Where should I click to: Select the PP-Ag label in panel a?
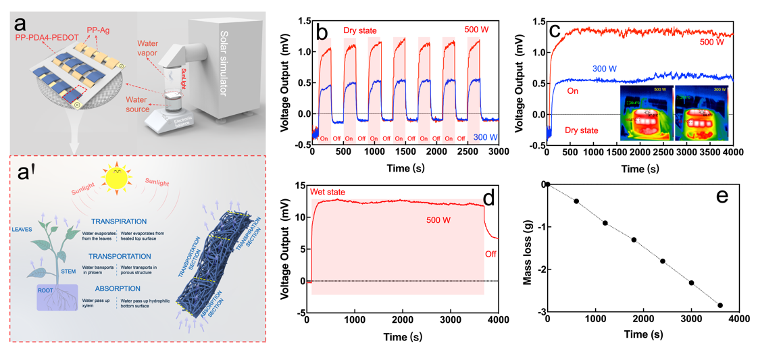[99, 30]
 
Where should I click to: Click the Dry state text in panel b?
[359, 30]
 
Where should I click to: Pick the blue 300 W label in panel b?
[485, 137]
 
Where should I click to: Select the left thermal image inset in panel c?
[642, 111]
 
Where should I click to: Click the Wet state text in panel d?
[328, 192]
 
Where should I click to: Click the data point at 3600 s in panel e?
[720, 305]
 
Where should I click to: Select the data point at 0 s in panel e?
[548, 184]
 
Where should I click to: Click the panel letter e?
[722, 197]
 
